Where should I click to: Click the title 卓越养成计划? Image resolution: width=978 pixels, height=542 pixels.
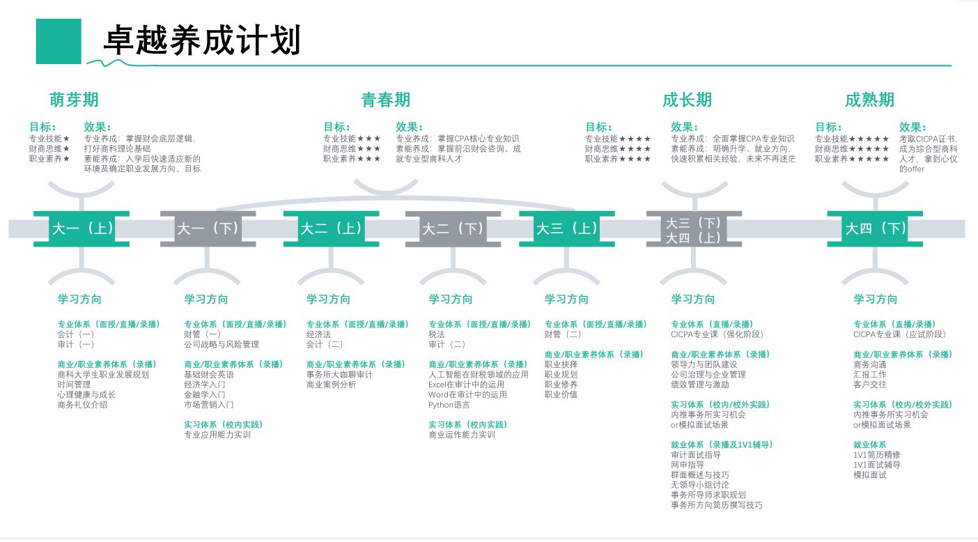(x=202, y=41)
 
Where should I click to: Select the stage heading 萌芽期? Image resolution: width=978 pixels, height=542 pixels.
(x=74, y=100)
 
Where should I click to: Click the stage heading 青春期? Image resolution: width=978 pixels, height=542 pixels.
(x=386, y=100)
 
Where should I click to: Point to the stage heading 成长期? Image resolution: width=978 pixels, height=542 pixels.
(x=687, y=100)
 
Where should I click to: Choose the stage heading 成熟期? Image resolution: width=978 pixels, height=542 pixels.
(x=869, y=100)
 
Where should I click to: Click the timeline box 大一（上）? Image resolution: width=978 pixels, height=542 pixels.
(x=81, y=229)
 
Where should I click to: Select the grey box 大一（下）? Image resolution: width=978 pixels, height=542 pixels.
(x=208, y=229)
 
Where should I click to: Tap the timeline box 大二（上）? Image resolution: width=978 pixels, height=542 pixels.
(x=332, y=229)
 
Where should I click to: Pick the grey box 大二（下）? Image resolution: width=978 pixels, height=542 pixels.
(x=453, y=229)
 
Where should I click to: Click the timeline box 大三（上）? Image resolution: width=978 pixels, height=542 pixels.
(x=567, y=229)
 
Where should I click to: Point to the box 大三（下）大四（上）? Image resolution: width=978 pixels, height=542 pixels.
(x=694, y=230)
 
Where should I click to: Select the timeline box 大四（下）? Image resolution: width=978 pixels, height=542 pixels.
(x=875, y=229)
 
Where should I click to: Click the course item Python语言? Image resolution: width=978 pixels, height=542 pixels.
(x=449, y=405)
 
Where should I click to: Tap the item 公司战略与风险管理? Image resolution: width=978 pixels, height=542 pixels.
(x=222, y=344)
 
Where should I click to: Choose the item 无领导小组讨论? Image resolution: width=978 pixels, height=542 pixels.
(x=700, y=485)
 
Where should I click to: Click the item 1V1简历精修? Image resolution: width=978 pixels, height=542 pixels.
(x=877, y=455)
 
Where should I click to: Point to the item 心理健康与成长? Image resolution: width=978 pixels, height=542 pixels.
(x=86, y=394)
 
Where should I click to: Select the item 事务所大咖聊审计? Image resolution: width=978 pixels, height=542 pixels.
(x=340, y=375)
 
